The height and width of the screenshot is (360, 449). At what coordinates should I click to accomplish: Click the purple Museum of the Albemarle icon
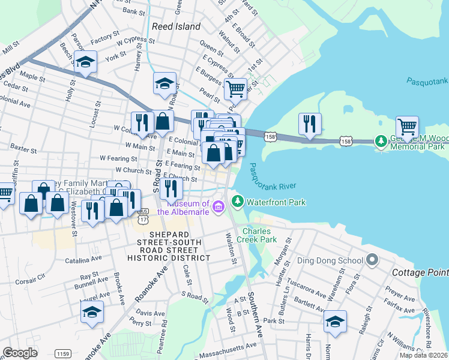217,208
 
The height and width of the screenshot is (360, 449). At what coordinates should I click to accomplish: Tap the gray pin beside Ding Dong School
373,260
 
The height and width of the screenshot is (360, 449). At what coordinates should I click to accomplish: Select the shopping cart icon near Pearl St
235,89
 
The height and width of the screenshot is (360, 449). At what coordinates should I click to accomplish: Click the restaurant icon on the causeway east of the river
310,124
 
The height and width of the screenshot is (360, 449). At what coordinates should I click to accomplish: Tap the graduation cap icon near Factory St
86,62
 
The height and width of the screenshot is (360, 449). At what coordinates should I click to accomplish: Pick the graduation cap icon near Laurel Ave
92,312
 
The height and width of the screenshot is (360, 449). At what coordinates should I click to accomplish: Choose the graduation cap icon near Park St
335,321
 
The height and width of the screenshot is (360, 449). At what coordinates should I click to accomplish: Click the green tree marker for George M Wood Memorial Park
380,142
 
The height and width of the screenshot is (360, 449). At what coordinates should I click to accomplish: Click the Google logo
20,353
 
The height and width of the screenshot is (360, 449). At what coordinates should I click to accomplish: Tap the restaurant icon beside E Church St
172,188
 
